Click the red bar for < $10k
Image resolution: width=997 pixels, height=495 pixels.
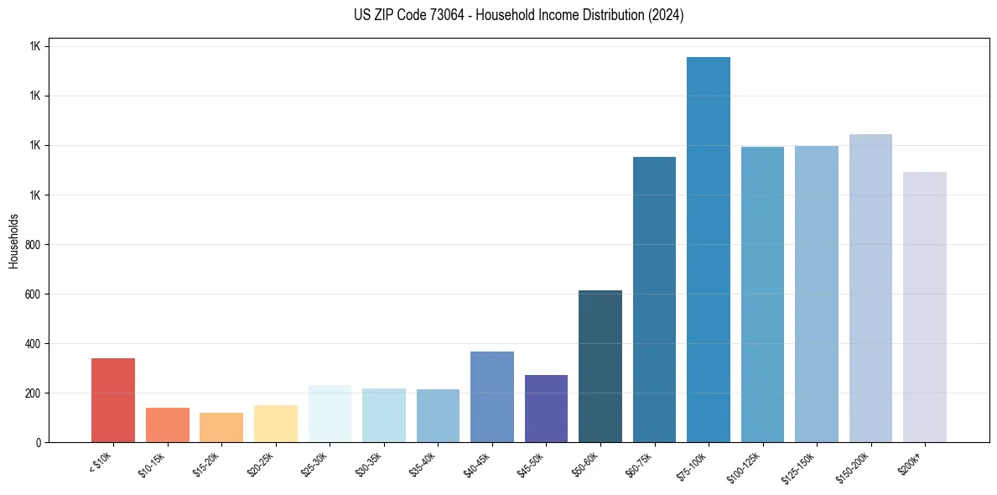pos(113,400)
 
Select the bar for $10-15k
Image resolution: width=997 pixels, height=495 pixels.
pos(167,425)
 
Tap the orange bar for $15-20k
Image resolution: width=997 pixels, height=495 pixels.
pos(221,427)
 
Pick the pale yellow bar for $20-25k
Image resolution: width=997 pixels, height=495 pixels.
pos(275,424)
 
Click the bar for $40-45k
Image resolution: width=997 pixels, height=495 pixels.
pos(491,397)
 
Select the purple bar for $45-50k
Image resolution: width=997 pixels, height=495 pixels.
pos(546,409)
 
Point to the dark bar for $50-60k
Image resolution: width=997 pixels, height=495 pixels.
pos(600,366)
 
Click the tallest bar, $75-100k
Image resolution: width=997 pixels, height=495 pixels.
pos(708,249)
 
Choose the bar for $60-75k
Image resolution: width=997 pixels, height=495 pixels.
pos(654,300)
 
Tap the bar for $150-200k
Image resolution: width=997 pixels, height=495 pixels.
pos(870,288)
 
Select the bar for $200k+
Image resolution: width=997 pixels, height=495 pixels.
pos(924,307)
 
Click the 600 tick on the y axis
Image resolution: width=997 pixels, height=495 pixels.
pos(33,294)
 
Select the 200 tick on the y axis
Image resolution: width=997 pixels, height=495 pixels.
pos(33,393)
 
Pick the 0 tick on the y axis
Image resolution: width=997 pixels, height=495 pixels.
pos(38,442)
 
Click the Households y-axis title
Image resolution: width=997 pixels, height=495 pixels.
pos(14,241)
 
